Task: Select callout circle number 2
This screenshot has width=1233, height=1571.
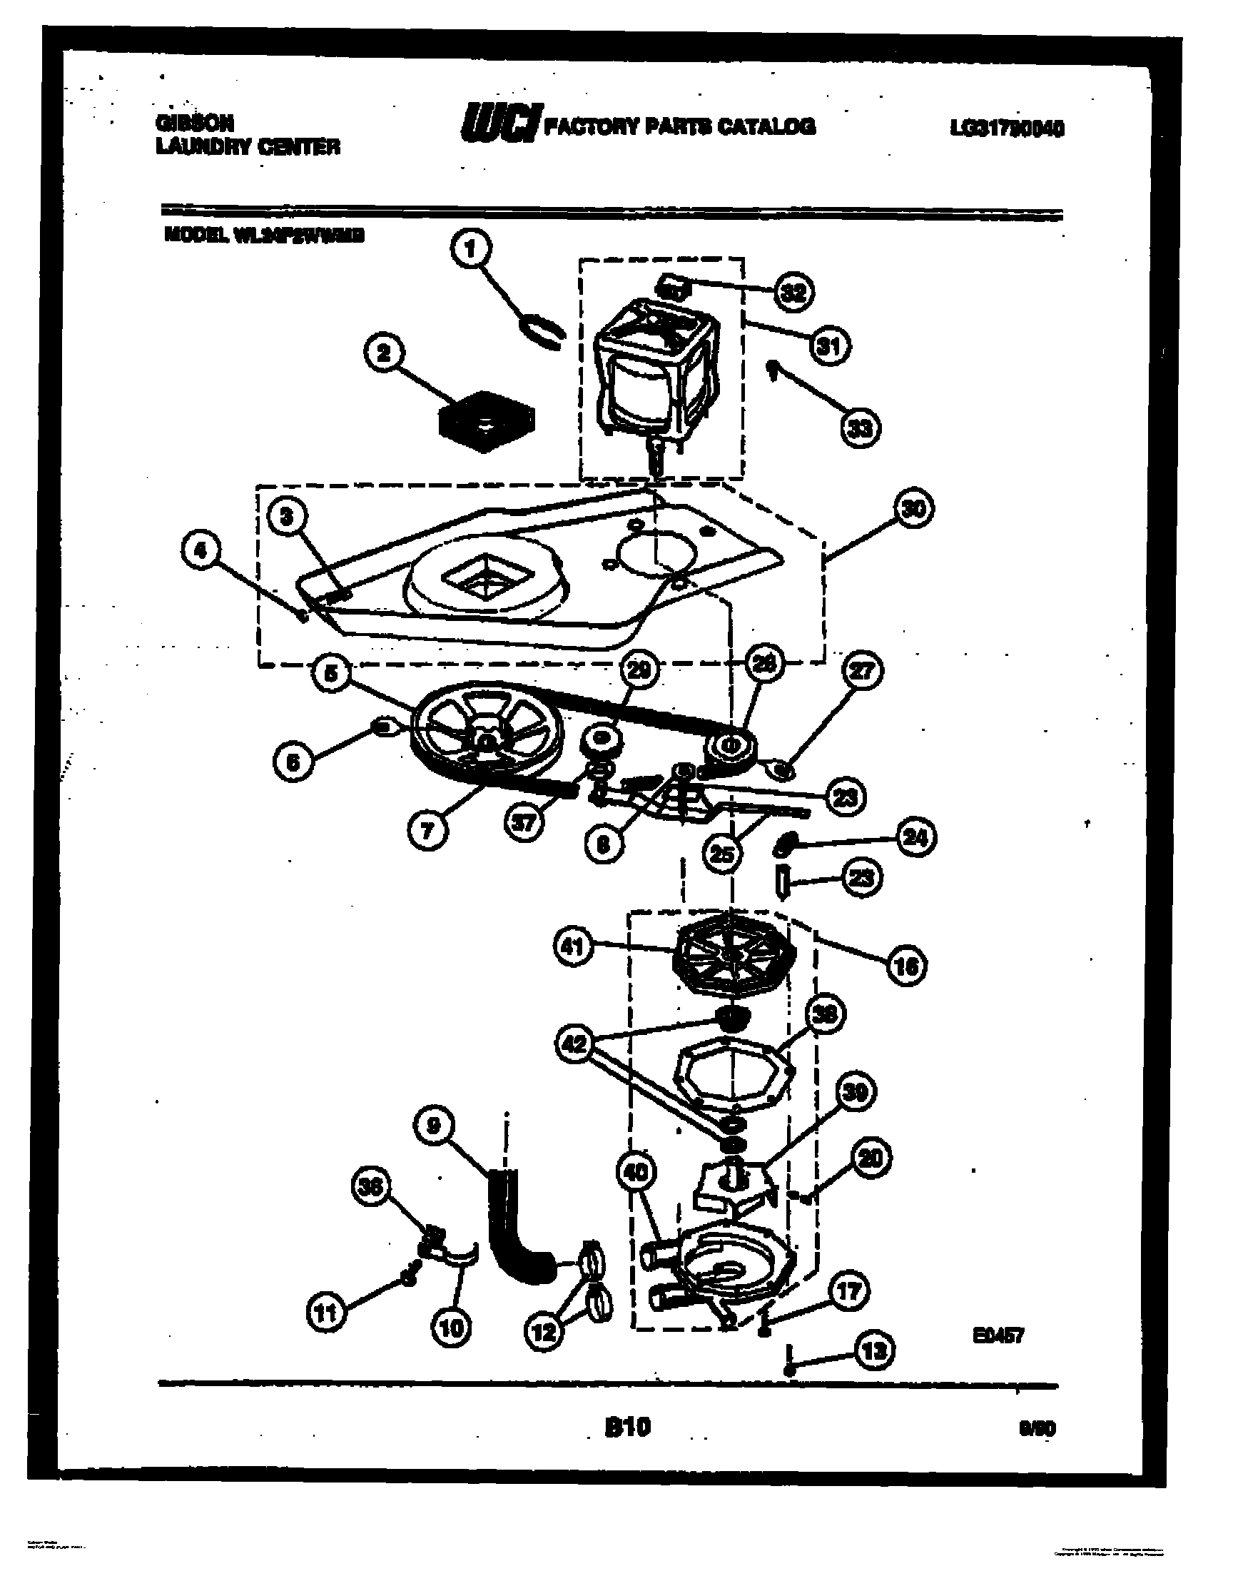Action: point(385,354)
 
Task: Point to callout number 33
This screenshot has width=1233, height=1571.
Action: point(861,429)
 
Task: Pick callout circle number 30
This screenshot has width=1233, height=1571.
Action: point(914,509)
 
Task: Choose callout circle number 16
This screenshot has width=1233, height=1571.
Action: point(907,965)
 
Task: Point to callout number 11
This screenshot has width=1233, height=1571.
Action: point(327,1313)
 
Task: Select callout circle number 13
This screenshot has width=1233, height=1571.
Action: point(874,1350)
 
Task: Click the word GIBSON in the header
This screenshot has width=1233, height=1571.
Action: point(194,123)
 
